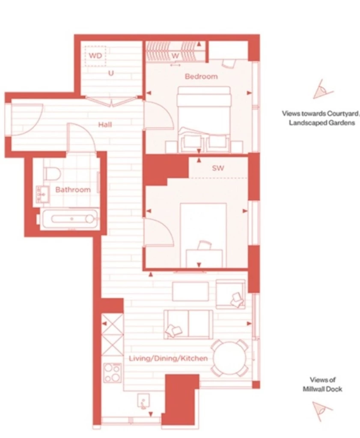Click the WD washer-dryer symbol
coord(95,56)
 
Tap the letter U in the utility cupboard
coord(111,73)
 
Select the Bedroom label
coord(201,77)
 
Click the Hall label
coord(105,124)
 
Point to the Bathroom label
coord(73,189)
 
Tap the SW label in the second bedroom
coord(218,169)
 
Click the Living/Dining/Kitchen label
coord(168,358)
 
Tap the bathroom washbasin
coord(42,193)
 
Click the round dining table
coord(230,358)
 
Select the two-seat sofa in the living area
coord(188,323)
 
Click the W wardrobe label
coord(175,56)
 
